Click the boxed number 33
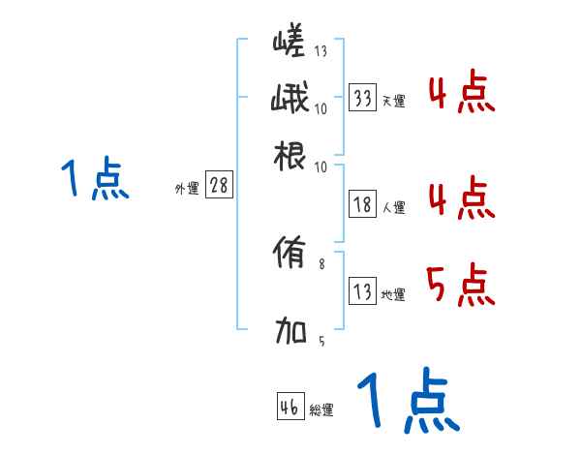363,98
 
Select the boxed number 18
363,205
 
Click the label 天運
393,101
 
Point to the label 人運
393,207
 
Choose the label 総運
321,410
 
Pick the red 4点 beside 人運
460,198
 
